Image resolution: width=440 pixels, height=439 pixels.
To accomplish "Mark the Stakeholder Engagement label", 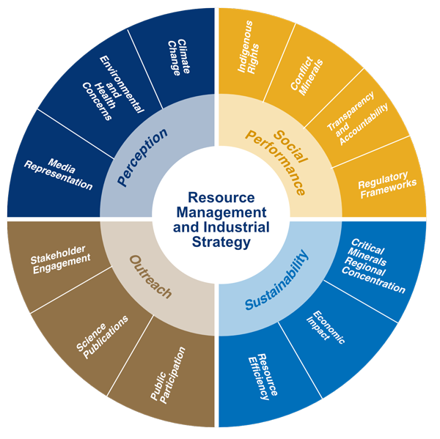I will click(62, 265).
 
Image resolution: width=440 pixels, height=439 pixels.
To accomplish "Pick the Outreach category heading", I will click(150, 277).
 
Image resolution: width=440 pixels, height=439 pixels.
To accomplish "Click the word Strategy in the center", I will click(220, 242).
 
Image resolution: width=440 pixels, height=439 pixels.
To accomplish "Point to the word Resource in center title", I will click(221, 198).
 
